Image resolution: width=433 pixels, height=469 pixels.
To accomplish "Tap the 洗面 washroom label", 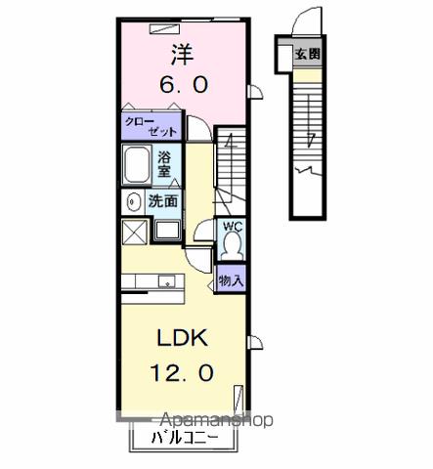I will [163, 201].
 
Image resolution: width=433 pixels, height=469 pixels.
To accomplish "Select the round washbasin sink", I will [133, 201].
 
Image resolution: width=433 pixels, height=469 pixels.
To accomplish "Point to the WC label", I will [233, 227].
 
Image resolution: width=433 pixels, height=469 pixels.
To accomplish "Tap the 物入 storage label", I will [231, 280].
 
